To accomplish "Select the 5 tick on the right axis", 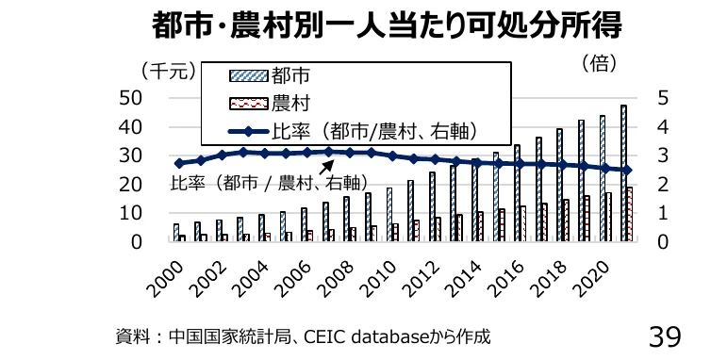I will (663, 98).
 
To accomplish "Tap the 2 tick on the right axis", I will (663, 185).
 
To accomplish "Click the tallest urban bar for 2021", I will (623, 173).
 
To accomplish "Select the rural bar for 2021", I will (630, 215).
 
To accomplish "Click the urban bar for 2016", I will (517, 193).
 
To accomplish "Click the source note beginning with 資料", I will (302, 335).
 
